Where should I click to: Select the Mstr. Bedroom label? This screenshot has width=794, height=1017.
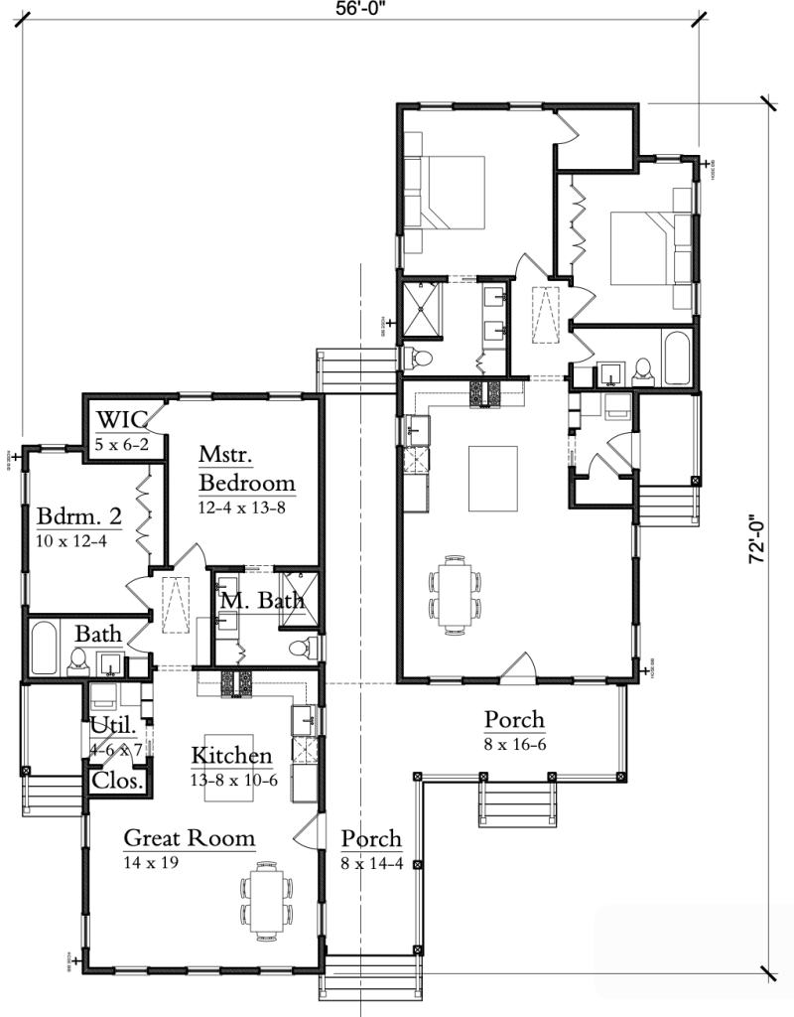pyautogui.click(x=246, y=469)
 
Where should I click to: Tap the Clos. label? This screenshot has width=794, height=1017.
pyautogui.click(x=118, y=781)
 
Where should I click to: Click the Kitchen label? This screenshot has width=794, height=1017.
pyautogui.click(x=231, y=755)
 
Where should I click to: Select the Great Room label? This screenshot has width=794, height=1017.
pyautogui.click(x=189, y=838)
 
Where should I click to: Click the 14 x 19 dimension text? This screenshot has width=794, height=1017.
pyautogui.click(x=151, y=862)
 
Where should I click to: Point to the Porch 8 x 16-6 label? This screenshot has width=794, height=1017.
pyautogui.click(x=514, y=718)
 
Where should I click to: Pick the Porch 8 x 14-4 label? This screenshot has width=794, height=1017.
pyautogui.click(x=371, y=839)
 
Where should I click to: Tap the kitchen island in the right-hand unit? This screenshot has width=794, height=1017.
pyautogui.click(x=494, y=478)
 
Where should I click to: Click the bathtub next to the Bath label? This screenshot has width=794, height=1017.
pyautogui.click(x=44, y=650)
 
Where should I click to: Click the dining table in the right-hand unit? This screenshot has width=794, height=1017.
pyautogui.click(x=456, y=595)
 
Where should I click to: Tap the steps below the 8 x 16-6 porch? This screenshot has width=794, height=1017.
pyautogui.click(x=516, y=801)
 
